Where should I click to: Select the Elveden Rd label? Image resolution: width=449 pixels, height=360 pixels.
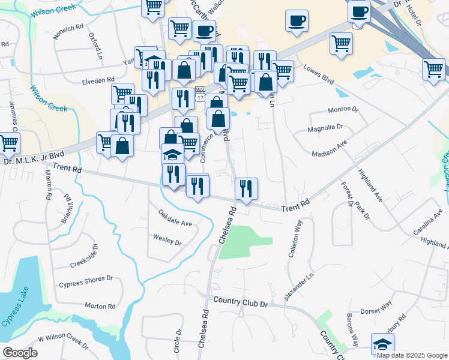[x=98, y=80]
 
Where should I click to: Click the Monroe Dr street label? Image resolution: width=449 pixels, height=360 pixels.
[x=343, y=110]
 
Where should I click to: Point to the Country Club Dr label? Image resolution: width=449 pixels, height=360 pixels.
[x=240, y=301]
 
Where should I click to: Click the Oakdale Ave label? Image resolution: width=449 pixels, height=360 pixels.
[x=175, y=218]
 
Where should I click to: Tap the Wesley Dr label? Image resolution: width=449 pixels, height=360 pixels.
[x=167, y=241]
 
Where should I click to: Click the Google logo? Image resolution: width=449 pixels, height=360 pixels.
[x=20, y=353]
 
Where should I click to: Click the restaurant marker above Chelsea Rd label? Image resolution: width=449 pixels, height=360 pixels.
[x=246, y=188]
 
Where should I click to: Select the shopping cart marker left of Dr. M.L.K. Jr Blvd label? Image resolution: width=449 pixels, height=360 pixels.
[x=8, y=143]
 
